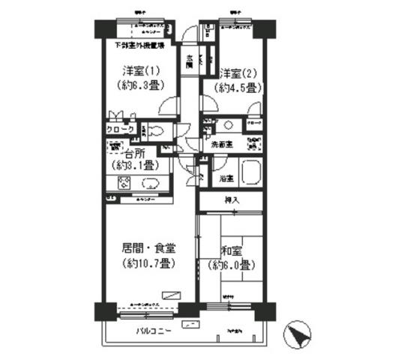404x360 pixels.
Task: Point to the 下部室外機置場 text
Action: (x=135, y=46)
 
